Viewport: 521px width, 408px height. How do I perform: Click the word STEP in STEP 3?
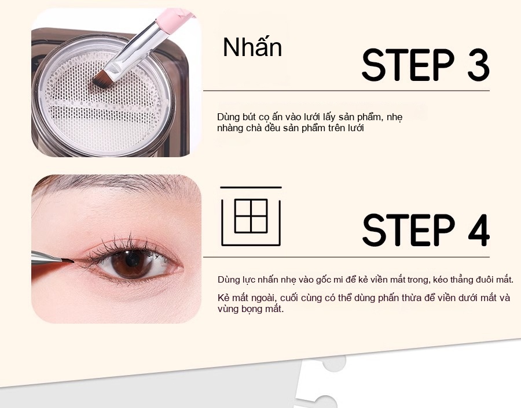click(408, 65)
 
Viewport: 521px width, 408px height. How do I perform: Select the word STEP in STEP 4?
click(408, 230)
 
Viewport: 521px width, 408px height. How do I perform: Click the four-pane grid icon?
click(251, 216)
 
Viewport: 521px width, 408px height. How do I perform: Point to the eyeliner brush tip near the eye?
click(68, 261)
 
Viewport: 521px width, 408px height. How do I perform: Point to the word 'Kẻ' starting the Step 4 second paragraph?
click(223, 298)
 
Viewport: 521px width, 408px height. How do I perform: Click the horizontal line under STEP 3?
click(346, 90)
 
